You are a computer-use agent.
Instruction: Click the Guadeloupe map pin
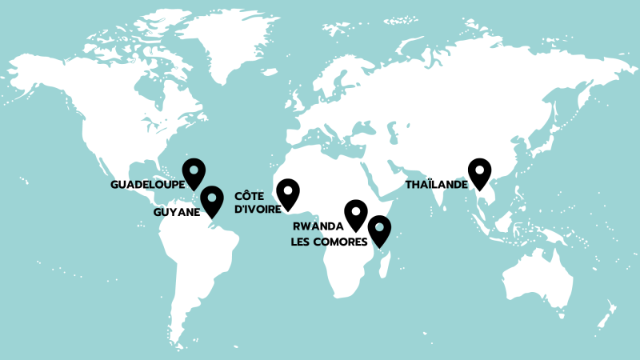pos(194,171)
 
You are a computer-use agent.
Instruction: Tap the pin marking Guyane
pos(212,199)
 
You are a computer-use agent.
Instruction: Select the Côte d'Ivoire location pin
pos(287,193)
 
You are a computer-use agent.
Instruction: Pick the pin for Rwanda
pos(355,214)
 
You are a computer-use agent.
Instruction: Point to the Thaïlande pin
pos(479,172)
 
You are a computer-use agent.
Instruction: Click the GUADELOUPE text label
pos(147,184)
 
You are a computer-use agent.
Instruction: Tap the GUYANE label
pos(176,212)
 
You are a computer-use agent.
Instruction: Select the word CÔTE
pos(250,195)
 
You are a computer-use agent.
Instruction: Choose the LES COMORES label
pos(329,242)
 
